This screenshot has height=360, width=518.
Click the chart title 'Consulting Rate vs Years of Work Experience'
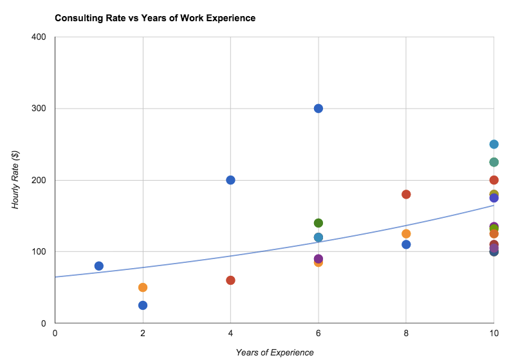[x=155, y=18]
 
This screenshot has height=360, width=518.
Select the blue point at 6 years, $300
[x=318, y=108]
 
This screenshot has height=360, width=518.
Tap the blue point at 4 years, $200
[x=230, y=180]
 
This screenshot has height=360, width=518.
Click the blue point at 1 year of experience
[x=98, y=266]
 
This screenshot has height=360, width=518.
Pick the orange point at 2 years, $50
[x=143, y=287]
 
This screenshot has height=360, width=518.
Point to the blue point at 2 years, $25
[x=143, y=305]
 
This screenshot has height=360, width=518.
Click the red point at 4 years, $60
[x=230, y=280]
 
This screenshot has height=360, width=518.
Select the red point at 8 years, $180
[x=406, y=194]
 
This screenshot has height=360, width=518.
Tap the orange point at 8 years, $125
[x=406, y=234]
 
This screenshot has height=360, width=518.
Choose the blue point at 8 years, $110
[x=406, y=244]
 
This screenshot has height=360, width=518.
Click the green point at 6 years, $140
[x=318, y=223]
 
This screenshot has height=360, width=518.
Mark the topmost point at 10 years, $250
[x=494, y=144]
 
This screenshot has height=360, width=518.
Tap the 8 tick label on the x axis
[x=406, y=333]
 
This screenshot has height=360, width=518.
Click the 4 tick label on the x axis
[x=230, y=333]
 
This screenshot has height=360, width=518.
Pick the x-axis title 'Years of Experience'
[x=274, y=352]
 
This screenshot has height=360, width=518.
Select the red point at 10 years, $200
[x=494, y=180]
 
